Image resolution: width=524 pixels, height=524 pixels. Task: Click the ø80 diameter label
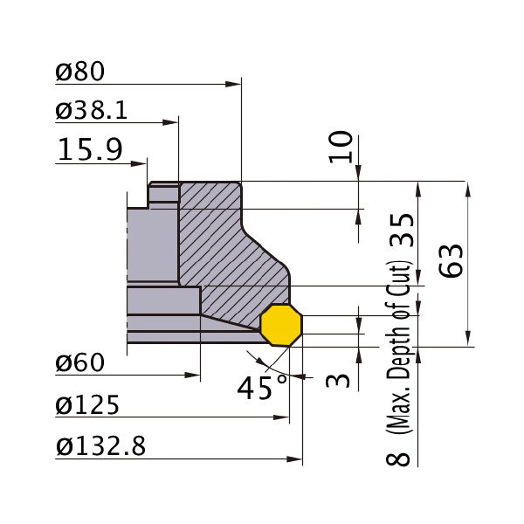click(x=79, y=72)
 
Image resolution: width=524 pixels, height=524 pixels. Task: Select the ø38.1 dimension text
click(x=91, y=110)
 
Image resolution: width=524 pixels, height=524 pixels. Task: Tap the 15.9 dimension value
click(x=90, y=149)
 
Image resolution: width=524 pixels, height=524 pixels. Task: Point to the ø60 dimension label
click(x=79, y=362)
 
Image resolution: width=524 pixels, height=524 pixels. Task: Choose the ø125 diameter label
click(x=87, y=404)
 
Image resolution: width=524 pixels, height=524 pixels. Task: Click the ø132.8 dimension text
click(x=100, y=446)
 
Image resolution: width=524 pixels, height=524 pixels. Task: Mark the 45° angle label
click(x=262, y=388)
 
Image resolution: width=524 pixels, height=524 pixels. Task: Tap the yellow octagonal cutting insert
click(x=281, y=325)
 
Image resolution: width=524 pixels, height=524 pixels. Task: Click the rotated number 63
click(x=451, y=261)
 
